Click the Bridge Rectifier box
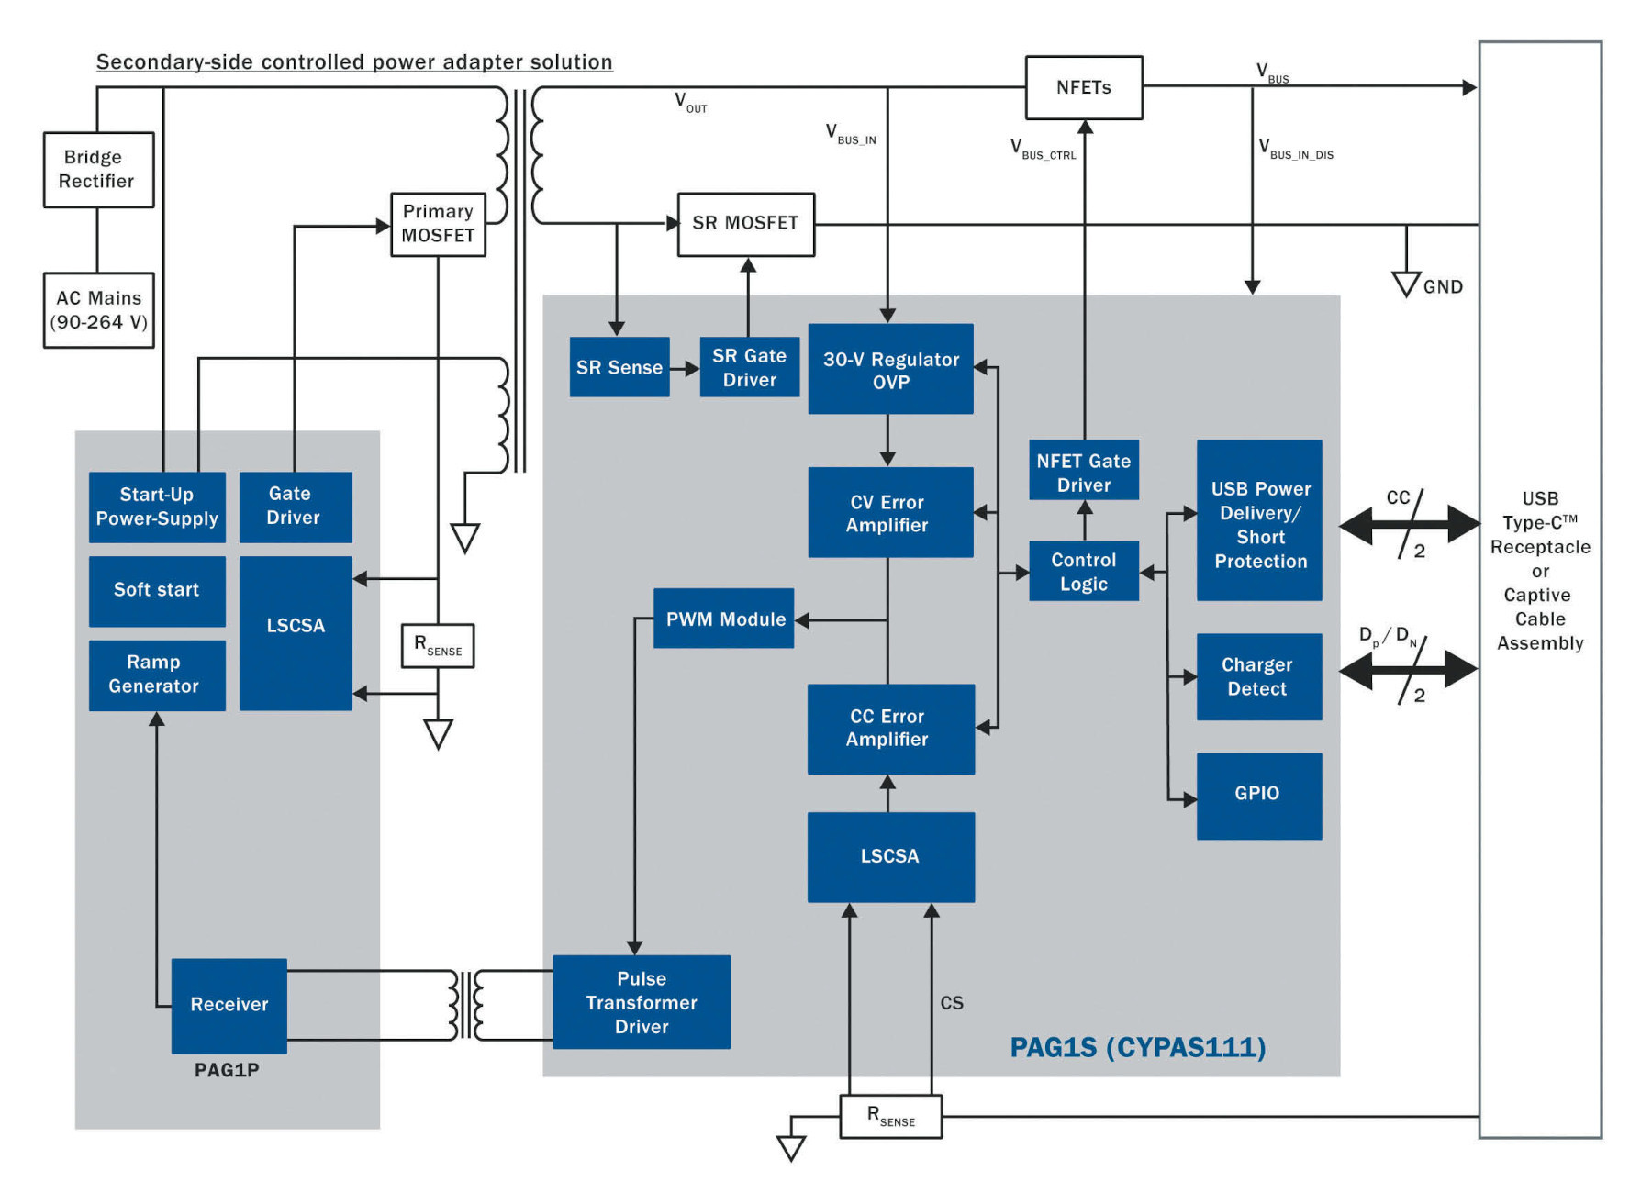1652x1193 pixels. click(x=98, y=170)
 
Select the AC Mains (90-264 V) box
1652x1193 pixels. click(x=98, y=310)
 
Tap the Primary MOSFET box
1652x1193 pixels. click(x=438, y=224)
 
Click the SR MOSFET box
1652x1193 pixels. click(x=745, y=224)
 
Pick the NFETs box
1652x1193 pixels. click(x=1084, y=87)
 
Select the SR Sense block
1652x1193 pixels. click(x=619, y=367)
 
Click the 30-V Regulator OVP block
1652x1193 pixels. click(x=890, y=369)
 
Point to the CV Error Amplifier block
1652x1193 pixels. click(x=890, y=512)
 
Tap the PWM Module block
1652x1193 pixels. click(x=724, y=619)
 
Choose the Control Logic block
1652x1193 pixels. click(x=1084, y=571)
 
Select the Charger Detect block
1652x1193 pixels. click(x=1259, y=676)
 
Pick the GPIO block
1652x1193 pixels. click(x=1259, y=796)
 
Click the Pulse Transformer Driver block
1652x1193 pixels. click(x=642, y=1002)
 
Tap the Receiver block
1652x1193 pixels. click(x=229, y=1006)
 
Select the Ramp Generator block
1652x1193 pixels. click(x=157, y=675)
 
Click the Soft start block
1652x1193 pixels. click(x=157, y=591)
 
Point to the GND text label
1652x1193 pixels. click(x=1443, y=287)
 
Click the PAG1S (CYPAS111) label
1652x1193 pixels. click(x=1138, y=1047)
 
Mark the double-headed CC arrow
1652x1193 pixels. click(x=1409, y=526)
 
